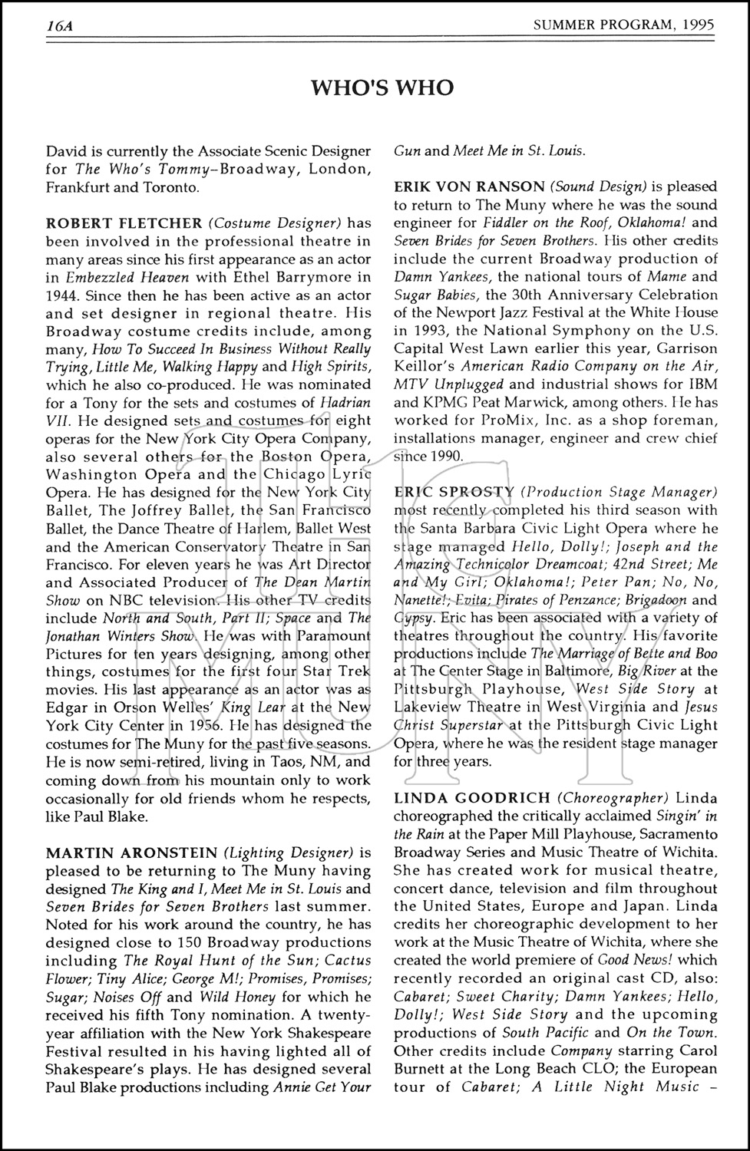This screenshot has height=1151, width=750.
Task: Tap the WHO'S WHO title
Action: (x=382, y=88)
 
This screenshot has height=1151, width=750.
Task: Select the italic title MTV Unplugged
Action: (x=449, y=384)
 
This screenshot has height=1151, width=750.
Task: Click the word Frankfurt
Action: (x=77, y=187)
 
